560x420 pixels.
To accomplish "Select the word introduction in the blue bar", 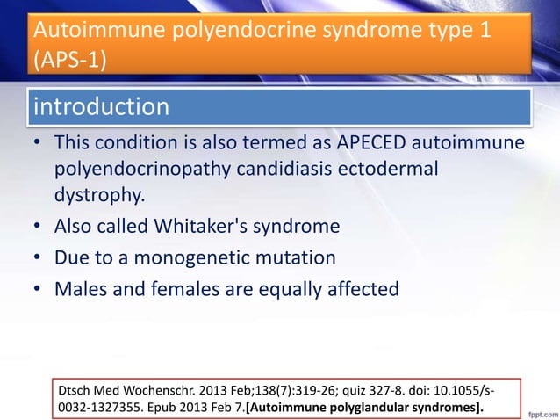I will (x=101, y=107).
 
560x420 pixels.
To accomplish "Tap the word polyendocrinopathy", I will (x=140, y=169).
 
